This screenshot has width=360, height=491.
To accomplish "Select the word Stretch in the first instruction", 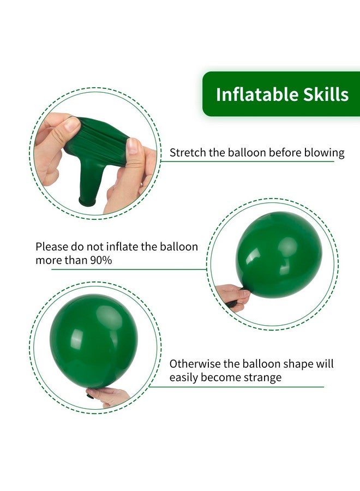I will [x=187, y=153].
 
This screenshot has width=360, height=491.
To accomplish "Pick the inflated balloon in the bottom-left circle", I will [x=93, y=340].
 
